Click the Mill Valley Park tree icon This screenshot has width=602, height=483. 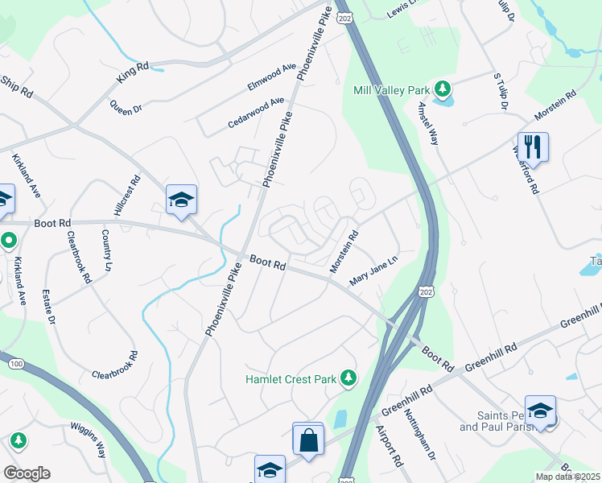click(x=442, y=88)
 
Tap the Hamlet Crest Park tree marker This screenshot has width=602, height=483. click(x=348, y=377)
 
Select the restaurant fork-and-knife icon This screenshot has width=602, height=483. click(x=533, y=147)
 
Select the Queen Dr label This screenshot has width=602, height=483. click(x=126, y=107)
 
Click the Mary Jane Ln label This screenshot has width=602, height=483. click(x=373, y=270)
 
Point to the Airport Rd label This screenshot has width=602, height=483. click(x=390, y=448)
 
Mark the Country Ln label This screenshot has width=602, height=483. click(x=107, y=250)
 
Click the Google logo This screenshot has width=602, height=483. click(x=27, y=473)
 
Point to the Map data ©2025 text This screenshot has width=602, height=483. click(x=567, y=477)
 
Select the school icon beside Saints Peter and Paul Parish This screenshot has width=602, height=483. click(x=540, y=411)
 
